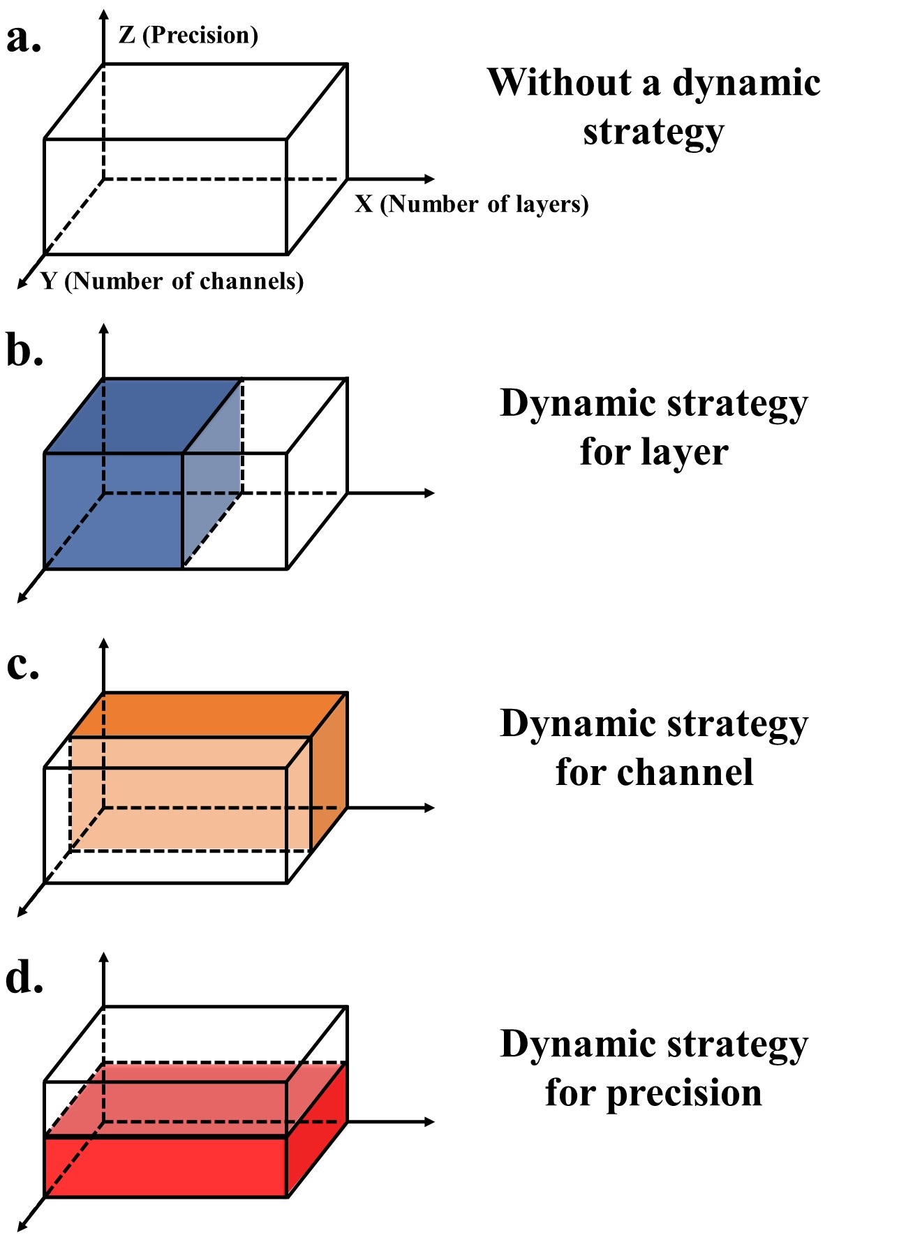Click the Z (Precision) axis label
click(x=188, y=35)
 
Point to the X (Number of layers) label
click(x=472, y=204)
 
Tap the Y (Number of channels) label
click(x=172, y=281)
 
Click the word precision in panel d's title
click(x=683, y=1093)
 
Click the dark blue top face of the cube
click(x=143, y=416)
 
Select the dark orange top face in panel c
click(x=209, y=713)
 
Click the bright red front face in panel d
click(x=165, y=1167)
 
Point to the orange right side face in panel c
click(x=329, y=781)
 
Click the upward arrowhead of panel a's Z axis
click(x=104, y=15)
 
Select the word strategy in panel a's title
click(x=653, y=133)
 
